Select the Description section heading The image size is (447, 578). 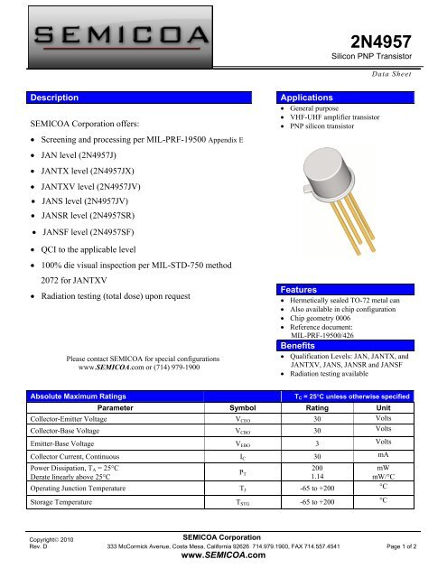(x=57, y=96)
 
